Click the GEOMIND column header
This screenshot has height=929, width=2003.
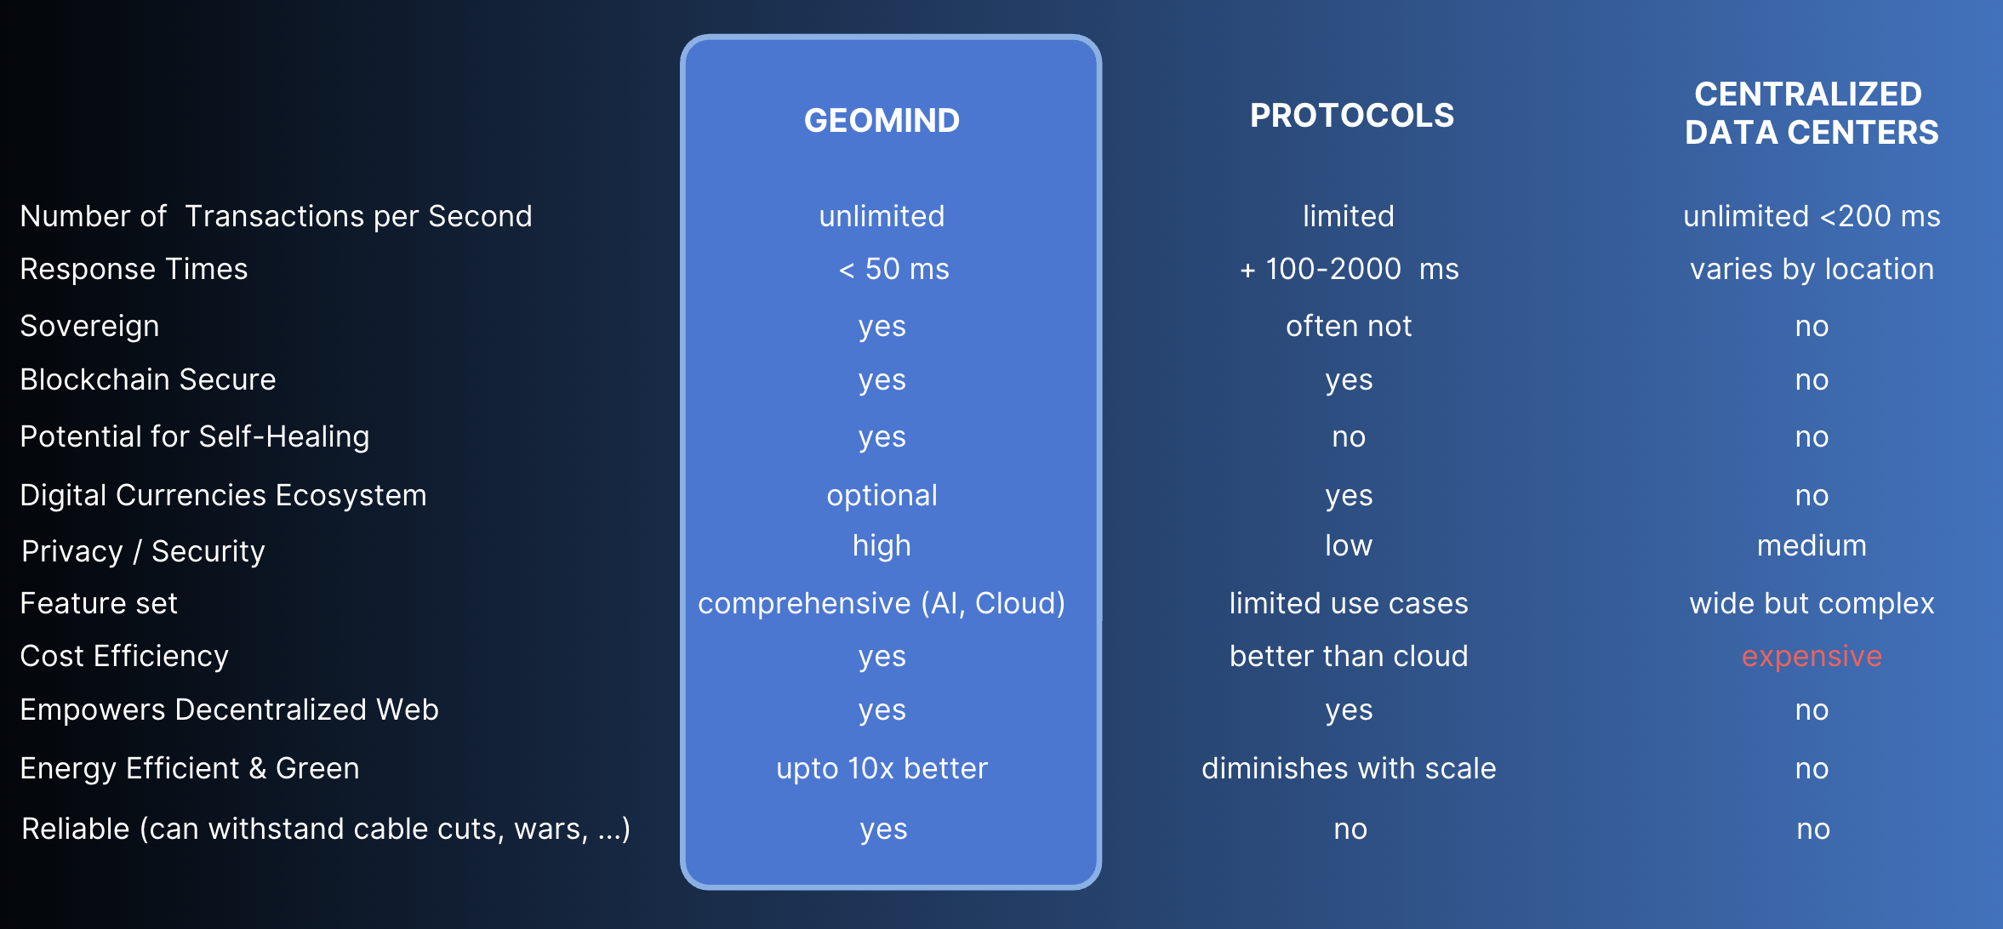click(x=882, y=121)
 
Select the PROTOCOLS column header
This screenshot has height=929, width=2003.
click(x=1351, y=116)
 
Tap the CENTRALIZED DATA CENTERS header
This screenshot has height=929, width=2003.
click(x=1811, y=113)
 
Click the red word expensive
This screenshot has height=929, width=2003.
click(x=1811, y=656)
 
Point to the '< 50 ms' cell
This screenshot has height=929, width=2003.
click(x=893, y=269)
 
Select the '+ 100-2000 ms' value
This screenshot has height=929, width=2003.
click(x=1349, y=269)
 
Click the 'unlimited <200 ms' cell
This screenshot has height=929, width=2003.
click(x=1811, y=216)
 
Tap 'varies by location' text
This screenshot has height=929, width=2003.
click(x=1811, y=269)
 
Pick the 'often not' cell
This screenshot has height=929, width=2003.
click(x=1349, y=326)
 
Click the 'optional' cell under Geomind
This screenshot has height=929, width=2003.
click(x=882, y=495)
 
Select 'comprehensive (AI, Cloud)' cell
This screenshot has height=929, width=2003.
click(x=882, y=603)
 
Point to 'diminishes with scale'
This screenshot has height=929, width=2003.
click(x=1349, y=768)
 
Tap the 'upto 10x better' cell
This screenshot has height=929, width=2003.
click(x=882, y=768)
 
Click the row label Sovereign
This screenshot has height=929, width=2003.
click(x=89, y=326)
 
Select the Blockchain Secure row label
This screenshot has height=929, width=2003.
click(x=148, y=379)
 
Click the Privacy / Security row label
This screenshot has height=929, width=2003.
click(x=143, y=551)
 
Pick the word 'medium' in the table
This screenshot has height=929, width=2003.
click(x=1811, y=545)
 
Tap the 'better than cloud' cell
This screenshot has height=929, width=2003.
click(x=1349, y=656)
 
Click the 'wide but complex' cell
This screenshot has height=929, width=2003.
click(x=1811, y=603)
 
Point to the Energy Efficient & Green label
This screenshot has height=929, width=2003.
click(x=190, y=768)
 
